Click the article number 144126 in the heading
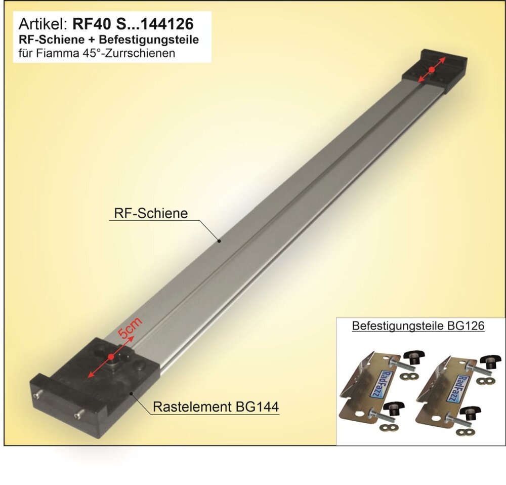coord(167,24)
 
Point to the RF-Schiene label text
coord(151,214)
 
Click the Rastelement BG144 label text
coord(216,407)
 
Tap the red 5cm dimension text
coord(130,328)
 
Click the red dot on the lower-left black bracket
coord(111,357)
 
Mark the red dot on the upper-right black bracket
coord(432,69)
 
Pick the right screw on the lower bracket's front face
coord(79,414)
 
